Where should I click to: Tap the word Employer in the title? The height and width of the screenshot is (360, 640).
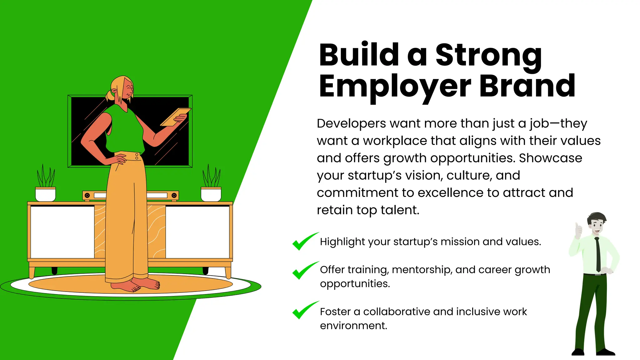[395, 87]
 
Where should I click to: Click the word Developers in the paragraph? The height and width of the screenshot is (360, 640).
[351, 124]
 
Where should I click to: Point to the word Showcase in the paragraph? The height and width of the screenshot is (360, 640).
[550, 158]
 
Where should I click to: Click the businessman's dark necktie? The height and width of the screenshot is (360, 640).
[597, 255]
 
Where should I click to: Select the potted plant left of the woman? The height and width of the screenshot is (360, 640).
[46, 184]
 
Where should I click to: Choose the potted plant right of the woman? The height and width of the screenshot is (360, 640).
[211, 184]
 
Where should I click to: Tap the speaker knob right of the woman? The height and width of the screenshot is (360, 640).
[174, 195]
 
